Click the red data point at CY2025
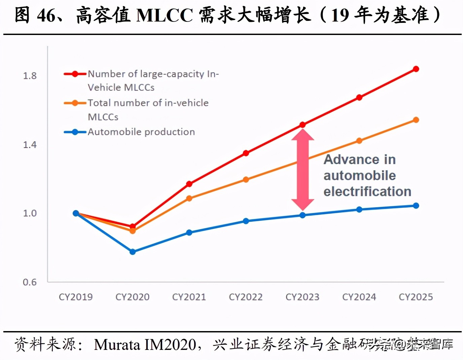(x=416, y=69)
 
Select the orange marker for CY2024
(x=359, y=141)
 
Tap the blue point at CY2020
(x=133, y=252)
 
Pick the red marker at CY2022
(x=246, y=153)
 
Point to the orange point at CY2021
(x=189, y=199)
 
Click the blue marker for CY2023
(x=302, y=215)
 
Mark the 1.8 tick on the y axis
(x=30, y=76)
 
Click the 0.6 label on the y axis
(x=30, y=282)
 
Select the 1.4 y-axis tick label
(x=30, y=145)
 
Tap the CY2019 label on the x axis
(x=76, y=297)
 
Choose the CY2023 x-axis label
(x=302, y=297)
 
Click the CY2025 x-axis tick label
(x=416, y=297)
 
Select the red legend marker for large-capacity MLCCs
(x=75, y=74)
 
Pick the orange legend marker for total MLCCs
(x=75, y=103)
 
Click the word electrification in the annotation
(x=367, y=191)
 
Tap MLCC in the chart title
(x=165, y=15)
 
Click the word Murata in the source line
(x=117, y=345)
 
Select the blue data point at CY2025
(x=416, y=206)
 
